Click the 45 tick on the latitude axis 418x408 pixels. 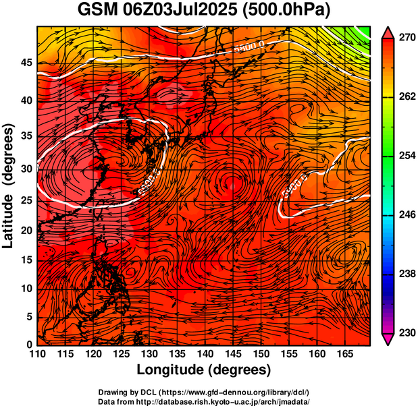point(26,63)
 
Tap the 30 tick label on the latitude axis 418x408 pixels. point(26,169)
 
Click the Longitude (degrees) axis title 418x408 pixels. point(204,370)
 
